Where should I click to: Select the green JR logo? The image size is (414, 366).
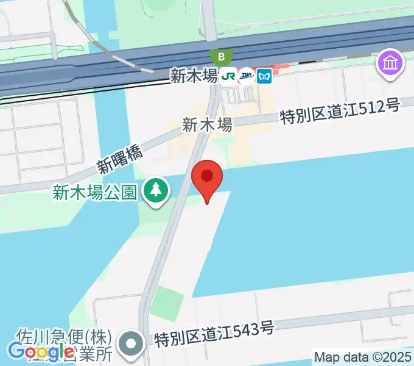pos(228,76)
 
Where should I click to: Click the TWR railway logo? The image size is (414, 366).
pos(247,76)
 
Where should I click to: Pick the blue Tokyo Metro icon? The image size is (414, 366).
pos(264,76)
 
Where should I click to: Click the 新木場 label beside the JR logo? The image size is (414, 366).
pos(194,76)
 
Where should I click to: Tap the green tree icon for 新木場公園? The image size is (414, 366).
pos(156,191)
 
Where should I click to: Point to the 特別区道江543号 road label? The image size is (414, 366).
pos(214,332)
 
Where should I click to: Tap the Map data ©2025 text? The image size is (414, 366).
pos(363,357)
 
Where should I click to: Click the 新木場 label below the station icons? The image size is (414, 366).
pos(207,125)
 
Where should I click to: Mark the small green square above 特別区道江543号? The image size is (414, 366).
pos(167,302)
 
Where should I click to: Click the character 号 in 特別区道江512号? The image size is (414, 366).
pos(393,106)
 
